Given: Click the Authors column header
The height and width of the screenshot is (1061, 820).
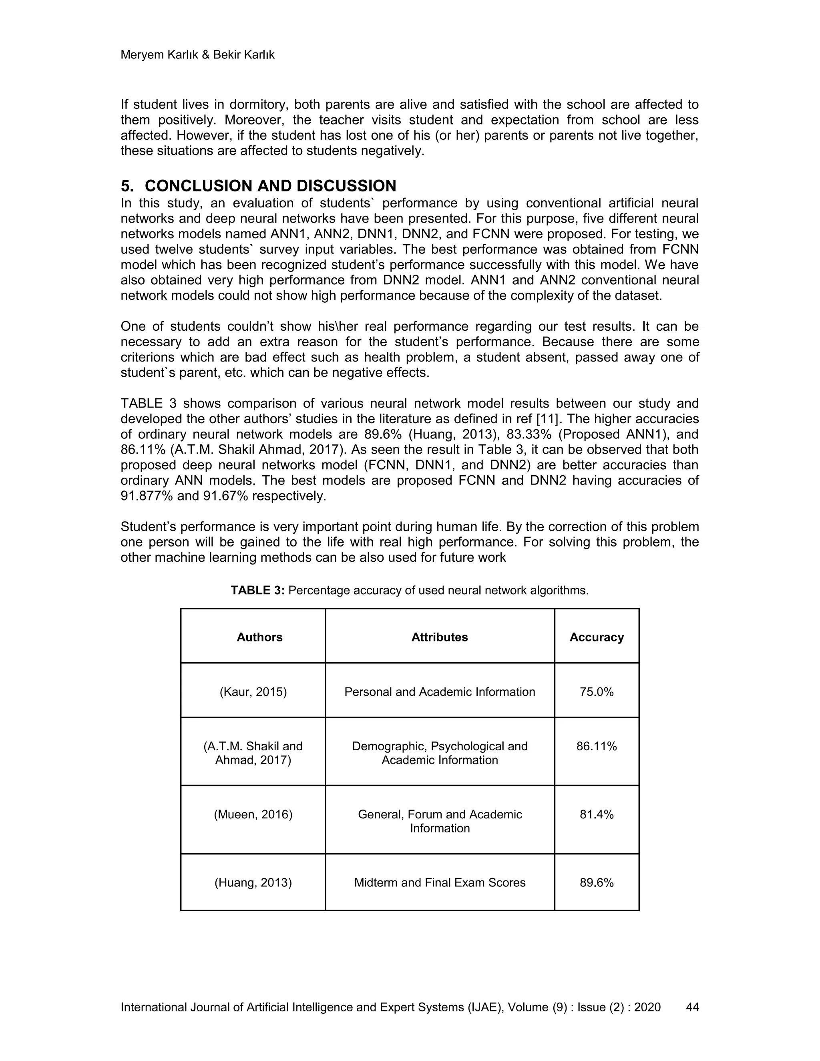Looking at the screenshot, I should click(x=259, y=637).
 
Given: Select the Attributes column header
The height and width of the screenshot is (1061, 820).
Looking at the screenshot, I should click(x=440, y=637).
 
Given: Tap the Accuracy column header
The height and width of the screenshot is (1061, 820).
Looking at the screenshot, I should click(x=597, y=637).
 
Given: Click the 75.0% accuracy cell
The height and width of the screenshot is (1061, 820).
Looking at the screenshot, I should click(x=597, y=692).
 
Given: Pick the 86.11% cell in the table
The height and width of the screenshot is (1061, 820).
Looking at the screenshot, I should click(x=597, y=746).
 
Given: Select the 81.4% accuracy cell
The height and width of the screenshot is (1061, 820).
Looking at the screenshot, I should click(x=597, y=814).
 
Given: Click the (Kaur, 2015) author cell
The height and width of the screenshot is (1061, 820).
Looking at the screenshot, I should click(x=253, y=692).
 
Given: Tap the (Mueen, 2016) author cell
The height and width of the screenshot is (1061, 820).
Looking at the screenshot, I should click(x=253, y=814).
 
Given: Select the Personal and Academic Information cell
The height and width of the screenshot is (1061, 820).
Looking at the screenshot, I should click(x=440, y=692).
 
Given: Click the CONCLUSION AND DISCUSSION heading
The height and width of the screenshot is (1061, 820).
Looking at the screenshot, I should click(x=270, y=186).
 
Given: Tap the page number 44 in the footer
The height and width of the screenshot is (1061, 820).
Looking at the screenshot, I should click(x=692, y=1007).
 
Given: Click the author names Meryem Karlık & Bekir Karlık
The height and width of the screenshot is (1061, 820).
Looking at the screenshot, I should click(x=197, y=55).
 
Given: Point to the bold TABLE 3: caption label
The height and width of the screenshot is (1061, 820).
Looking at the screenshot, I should click(x=257, y=590).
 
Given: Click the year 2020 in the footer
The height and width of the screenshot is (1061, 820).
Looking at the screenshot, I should click(x=647, y=1007).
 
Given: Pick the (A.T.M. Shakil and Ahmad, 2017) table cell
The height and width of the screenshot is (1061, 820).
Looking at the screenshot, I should click(x=253, y=753).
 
